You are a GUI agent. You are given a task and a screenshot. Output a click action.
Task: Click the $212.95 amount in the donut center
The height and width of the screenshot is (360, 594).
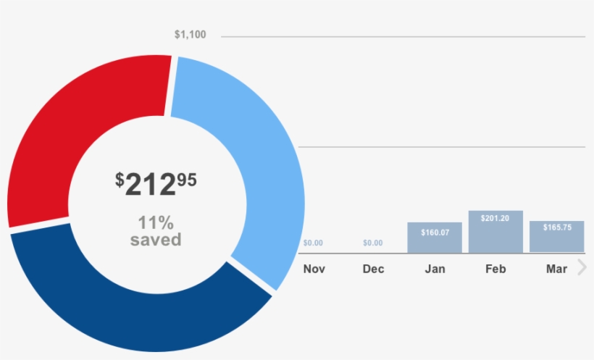pyautogui.click(x=156, y=184)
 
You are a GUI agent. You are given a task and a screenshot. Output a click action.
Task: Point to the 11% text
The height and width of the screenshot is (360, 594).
pyautogui.click(x=156, y=222)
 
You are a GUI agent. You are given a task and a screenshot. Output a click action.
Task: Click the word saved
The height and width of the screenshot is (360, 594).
pyautogui.click(x=156, y=240)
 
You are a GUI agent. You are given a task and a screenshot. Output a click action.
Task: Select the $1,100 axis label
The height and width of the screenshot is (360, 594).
pyautogui.click(x=191, y=35)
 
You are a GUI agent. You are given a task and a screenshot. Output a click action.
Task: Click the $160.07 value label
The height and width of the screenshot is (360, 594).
pyautogui.click(x=435, y=233)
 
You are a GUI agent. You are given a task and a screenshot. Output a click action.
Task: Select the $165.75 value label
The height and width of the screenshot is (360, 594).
pyautogui.click(x=557, y=227)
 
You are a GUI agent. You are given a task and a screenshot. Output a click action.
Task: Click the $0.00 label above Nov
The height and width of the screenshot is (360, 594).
pyautogui.click(x=313, y=243)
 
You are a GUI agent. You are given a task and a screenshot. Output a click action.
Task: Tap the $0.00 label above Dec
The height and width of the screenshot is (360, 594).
pyautogui.click(x=373, y=243)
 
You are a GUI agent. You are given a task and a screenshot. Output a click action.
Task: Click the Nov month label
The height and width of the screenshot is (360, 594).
pyautogui.click(x=314, y=269)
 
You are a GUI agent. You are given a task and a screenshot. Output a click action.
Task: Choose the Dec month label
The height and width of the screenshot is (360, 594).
pyautogui.click(x=374, y=269)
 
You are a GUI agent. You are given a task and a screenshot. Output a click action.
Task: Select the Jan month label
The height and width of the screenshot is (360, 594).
pyautogui.click(x=435, y=269)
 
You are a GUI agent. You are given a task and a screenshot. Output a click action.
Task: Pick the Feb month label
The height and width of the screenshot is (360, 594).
pyautogui.click(x=495, y=269)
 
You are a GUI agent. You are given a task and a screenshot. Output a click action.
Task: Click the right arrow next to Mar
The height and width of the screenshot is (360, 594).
pyautogui.click(x=581, y=268)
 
